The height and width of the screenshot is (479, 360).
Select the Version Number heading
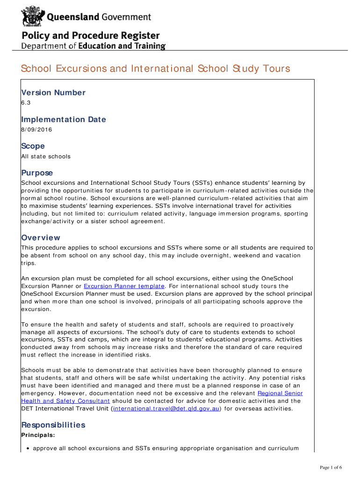[53, 93]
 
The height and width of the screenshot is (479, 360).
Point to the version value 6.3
[26, 102]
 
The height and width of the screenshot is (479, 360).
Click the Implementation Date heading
[64, 119]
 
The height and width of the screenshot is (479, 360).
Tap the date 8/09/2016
[36, 130]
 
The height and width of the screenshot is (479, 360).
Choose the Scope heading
[33, 146]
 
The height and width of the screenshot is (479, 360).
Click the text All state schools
[46, 156]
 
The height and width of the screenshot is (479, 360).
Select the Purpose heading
[37, 173]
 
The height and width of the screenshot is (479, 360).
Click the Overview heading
[41, 238]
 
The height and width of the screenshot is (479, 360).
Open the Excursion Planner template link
[124, 286]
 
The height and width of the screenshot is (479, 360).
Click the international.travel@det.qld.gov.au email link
[166, 408]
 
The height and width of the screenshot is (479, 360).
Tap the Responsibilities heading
[53, 425]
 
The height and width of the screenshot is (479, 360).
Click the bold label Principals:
[38, 435]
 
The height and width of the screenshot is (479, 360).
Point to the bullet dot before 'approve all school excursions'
[28, 448]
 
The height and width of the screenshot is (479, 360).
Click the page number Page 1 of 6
[331, 467]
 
